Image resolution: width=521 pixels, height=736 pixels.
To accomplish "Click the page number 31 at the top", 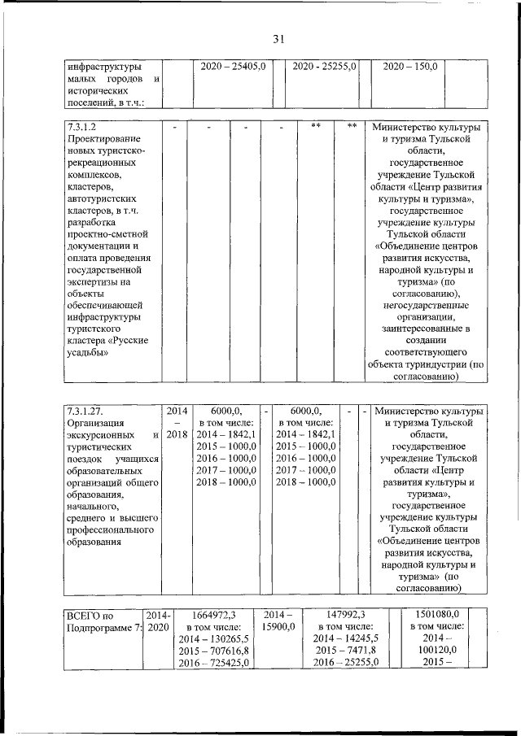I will point(278,38).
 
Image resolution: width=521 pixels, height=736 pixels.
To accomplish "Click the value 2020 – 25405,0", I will point(233,66).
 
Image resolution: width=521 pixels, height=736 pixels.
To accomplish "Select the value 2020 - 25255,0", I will point(324,66).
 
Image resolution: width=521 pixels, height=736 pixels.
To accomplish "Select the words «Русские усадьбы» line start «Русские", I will point(127,339).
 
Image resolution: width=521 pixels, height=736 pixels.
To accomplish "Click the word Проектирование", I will point(103,141).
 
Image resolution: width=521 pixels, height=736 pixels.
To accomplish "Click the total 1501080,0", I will point(436,614).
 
